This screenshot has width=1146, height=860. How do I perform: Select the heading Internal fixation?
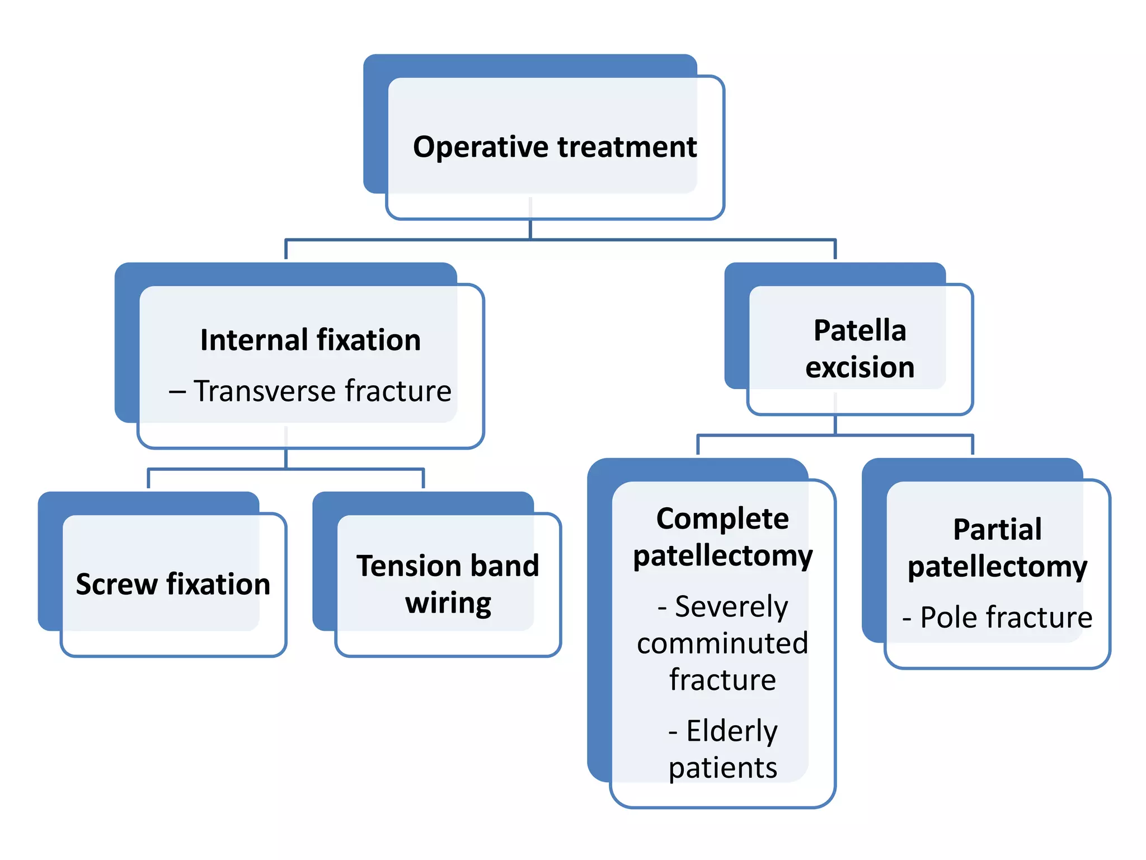point(310,340)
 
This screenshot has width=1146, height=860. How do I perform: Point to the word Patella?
point(859,330)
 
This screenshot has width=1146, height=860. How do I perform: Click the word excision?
point(859,367)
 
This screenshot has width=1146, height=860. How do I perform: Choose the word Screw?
point(116,584)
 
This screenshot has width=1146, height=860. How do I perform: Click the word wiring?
point(448,603)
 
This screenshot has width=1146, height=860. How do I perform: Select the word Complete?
point(722,518)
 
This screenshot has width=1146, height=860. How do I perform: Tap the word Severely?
point(731,606)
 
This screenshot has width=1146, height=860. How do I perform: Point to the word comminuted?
point(722,643)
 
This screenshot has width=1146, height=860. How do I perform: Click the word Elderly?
point(731,731)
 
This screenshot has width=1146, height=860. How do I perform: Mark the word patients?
point(722,768)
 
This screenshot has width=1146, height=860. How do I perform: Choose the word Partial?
point(997,529)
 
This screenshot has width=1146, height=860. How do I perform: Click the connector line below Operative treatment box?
point(530,230)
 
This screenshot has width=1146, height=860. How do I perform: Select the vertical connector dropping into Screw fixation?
point(148,479)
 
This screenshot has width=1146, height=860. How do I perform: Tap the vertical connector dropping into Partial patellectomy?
point(973,445)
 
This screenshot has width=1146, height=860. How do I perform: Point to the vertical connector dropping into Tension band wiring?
point(423,479)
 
